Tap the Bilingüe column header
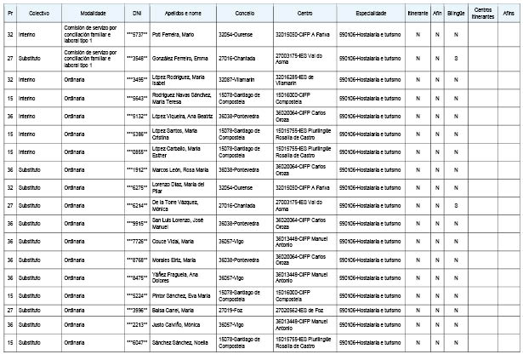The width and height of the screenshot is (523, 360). point(457,14)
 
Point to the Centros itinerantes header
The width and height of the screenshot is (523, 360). point(481,14)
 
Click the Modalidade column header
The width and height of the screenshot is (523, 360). point(93,14)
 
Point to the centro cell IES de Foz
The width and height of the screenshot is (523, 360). point(300,310)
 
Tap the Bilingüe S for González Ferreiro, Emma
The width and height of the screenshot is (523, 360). point(457,57)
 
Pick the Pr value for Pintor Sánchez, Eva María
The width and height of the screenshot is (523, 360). point(9,295)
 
